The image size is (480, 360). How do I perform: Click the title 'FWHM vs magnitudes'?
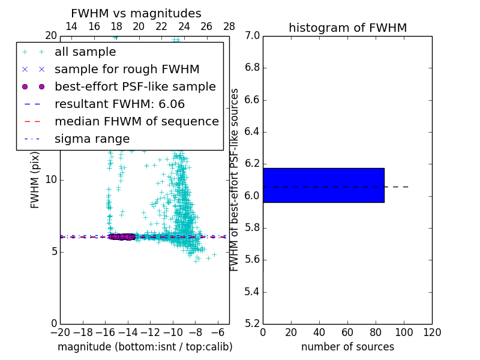[136, 14]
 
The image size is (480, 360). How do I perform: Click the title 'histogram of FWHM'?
[347, 28]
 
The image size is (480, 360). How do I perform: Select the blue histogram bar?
[323, 185]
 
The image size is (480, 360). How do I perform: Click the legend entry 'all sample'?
[85, 52]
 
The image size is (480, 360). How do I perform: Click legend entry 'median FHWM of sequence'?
[136, 122]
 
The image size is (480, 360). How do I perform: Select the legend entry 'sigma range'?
[92, 139]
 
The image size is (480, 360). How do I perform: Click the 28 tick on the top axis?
[229, 26]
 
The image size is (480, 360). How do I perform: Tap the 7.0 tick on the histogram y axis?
[252, 36]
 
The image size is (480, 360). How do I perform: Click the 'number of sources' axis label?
[347, 347]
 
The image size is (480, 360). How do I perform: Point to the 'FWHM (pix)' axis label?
[35, 179]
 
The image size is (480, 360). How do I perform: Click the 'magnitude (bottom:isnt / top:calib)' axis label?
[145, 347]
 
